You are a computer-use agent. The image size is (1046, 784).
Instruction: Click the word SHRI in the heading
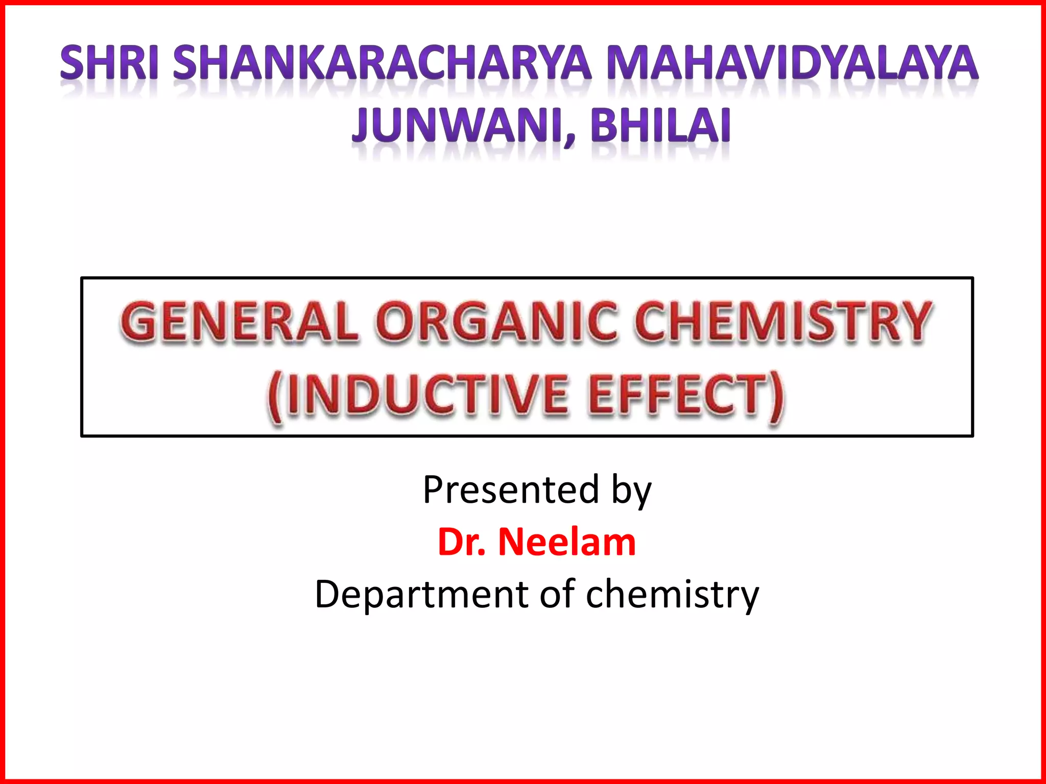[109, 63]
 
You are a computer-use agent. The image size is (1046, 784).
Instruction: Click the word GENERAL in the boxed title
[239, 321]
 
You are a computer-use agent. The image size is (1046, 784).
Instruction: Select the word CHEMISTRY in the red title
[782, 321]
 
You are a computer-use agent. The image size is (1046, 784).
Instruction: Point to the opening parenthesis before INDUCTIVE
[276, 397]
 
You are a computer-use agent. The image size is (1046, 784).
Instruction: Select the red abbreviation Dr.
[461, 542]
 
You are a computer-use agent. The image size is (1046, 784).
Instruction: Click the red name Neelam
[567, 542]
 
